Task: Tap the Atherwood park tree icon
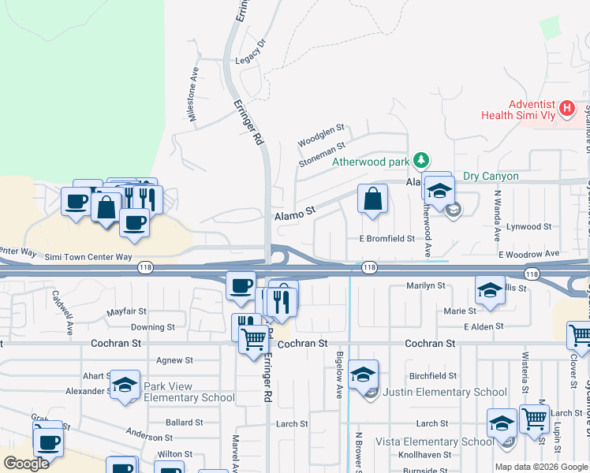(422, 161)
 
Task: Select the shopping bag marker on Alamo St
(372, 199)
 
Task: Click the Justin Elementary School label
(446, 392)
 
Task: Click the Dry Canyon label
(491, 176)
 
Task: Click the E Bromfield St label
(386, 238)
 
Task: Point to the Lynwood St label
(529, 226)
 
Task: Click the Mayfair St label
(128, 312)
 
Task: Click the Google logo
(27, 464)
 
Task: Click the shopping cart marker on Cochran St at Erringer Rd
(253, 341)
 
